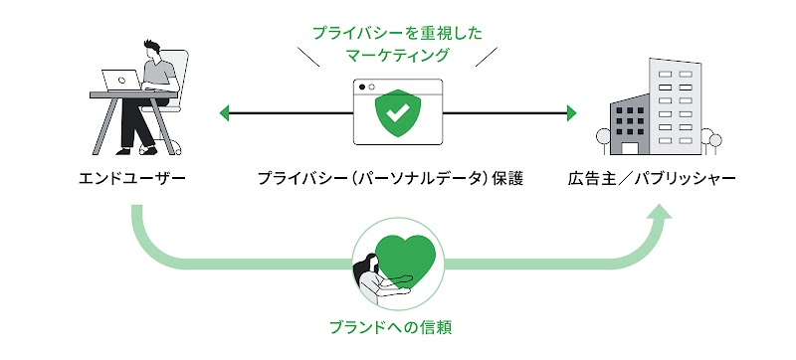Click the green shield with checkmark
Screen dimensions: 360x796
[x=397, y=115]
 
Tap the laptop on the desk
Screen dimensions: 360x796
[x=123, y=80]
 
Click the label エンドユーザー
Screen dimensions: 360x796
[x=132, y=179]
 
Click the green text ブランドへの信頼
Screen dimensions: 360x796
[x=396, y=325]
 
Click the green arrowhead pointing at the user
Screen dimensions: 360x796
[x=226, y=112]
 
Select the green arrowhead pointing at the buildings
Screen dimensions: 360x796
[x=571, y=112]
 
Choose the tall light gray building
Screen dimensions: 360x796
[x=676, y=104]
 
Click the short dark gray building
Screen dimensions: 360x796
[x=628, y=126]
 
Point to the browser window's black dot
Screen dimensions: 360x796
[x=362, y=87]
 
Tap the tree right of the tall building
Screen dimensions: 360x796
[x=708, y=138]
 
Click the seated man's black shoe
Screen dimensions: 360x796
[x=149, y=149]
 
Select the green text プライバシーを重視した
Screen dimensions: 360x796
[x=397, y=32]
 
